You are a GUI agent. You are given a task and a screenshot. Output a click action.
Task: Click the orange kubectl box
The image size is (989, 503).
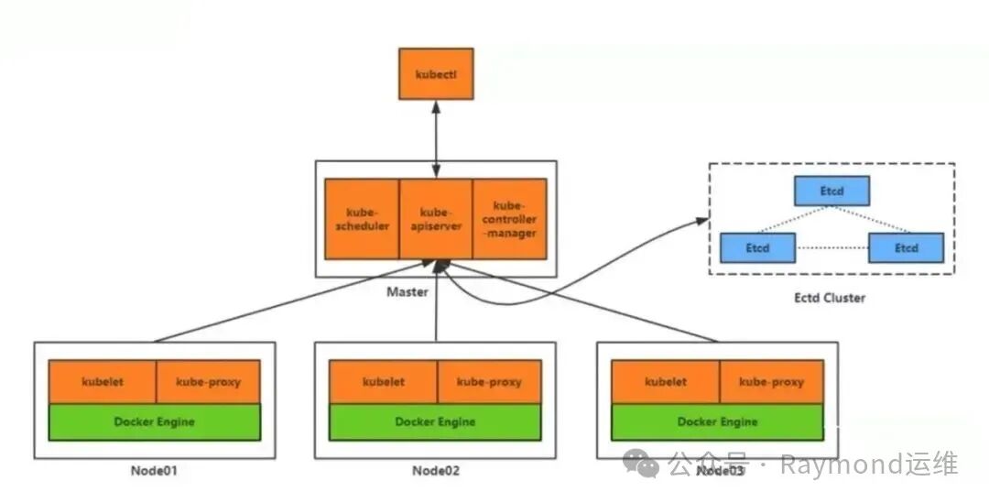436,73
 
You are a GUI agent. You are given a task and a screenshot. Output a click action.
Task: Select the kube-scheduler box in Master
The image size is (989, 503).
362,219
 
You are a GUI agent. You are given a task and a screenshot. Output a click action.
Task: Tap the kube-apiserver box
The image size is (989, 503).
436,219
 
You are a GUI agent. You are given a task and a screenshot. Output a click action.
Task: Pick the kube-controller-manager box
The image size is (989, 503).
510,219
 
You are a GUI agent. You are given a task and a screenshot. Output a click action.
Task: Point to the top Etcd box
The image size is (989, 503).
831,191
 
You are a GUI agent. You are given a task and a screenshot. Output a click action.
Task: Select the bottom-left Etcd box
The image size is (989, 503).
757,247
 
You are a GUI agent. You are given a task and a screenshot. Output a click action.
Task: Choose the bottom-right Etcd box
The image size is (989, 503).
906,247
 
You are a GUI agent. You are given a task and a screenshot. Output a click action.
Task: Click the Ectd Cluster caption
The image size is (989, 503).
830,298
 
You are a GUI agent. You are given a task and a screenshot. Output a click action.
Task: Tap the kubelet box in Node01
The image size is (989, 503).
102,381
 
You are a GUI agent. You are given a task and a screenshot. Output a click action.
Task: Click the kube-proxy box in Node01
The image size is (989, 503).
208,381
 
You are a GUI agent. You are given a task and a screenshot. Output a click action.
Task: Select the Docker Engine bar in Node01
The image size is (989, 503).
155,421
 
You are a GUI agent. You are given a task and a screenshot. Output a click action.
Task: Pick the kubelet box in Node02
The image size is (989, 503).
383,381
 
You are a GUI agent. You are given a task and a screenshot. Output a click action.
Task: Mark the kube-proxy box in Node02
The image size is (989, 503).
489,381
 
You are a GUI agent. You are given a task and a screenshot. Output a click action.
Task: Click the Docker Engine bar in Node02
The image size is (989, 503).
435,421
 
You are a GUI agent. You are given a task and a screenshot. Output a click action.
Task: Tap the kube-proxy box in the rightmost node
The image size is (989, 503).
771,381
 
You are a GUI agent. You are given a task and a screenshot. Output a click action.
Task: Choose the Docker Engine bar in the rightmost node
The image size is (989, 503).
717,421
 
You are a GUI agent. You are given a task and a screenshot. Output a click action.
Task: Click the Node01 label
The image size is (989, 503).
153,471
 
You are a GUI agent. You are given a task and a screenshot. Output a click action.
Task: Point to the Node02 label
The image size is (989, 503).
435,471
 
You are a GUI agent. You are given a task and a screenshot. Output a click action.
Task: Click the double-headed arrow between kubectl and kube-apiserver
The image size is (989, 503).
436,138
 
